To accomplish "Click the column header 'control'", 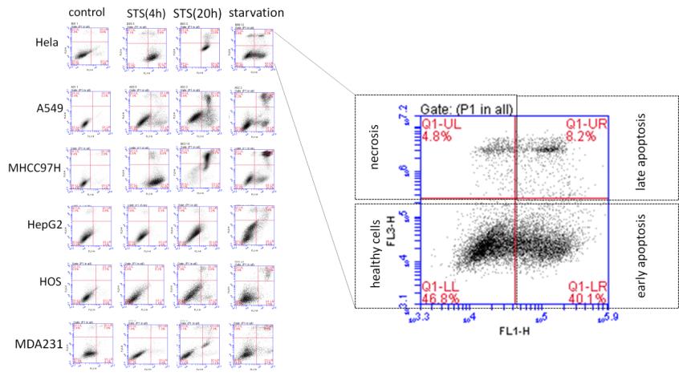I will (86, 12).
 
